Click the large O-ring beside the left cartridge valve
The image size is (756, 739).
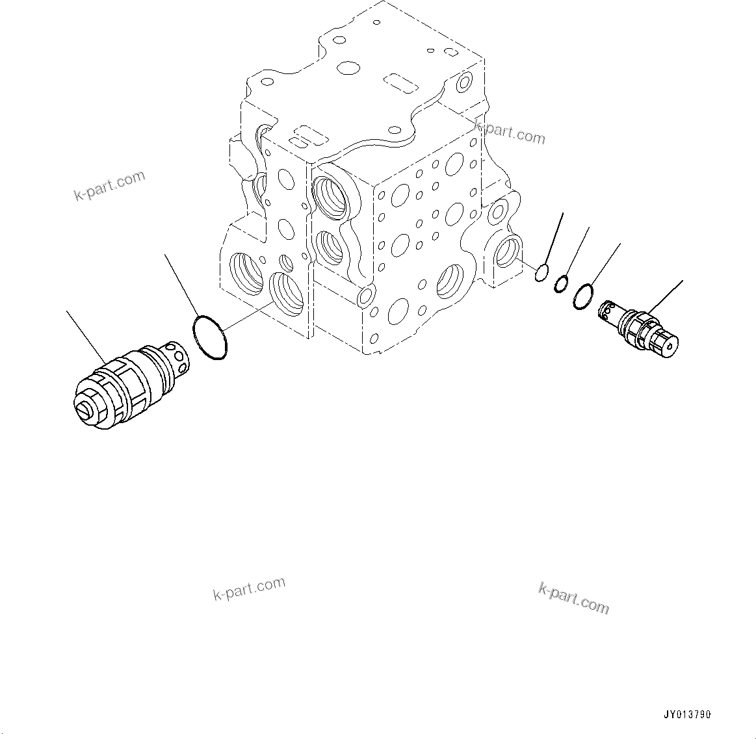click(210, 338)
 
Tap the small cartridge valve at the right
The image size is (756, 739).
click(640, 328)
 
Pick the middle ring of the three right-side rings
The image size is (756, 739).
click(562, 284)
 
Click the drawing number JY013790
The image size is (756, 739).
click(687, 714)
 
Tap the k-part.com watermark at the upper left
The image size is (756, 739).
click(109, 186)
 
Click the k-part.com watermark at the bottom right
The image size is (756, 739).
click(573, 598)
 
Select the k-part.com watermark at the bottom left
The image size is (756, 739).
click(249, 589)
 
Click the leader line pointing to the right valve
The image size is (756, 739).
click(664, 298)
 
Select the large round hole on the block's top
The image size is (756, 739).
click(349, 68)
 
